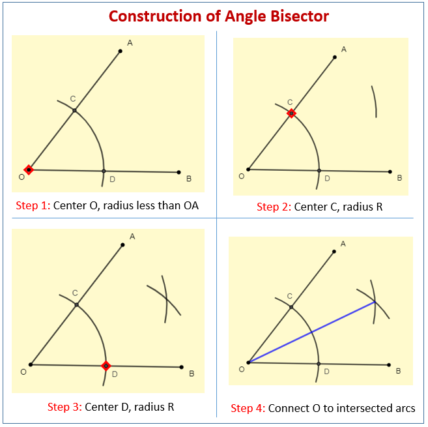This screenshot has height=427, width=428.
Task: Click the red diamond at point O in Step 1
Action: tap(28, 169)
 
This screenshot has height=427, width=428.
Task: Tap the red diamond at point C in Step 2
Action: tap(291, 113)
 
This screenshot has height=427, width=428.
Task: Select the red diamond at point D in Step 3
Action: tap(106, 366)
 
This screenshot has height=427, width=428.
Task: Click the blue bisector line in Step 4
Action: tap(311, 332)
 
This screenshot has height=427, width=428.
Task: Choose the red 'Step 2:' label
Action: tap(274, 207)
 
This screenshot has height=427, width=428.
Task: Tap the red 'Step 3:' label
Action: tap(64, 407)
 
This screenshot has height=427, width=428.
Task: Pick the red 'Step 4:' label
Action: tap(248, 408)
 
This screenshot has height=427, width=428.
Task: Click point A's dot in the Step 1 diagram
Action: tap(121, 50)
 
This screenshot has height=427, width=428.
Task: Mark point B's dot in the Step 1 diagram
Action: tap(178, 172)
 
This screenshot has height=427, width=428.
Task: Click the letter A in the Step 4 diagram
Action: tap(343, 243)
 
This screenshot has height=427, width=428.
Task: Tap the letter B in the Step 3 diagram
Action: tap(192, 374)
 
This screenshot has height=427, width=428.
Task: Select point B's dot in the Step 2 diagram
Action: tap(390, 172)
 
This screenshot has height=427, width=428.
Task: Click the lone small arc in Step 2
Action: tap(375, 101)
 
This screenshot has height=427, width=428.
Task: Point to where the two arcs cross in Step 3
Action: tap(166, 299)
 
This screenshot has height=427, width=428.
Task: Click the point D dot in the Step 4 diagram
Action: tap(319, 363)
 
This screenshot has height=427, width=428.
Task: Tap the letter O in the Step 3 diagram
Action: tap(23, 372)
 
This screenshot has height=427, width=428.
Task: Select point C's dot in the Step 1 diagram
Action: tap(74, 110)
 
